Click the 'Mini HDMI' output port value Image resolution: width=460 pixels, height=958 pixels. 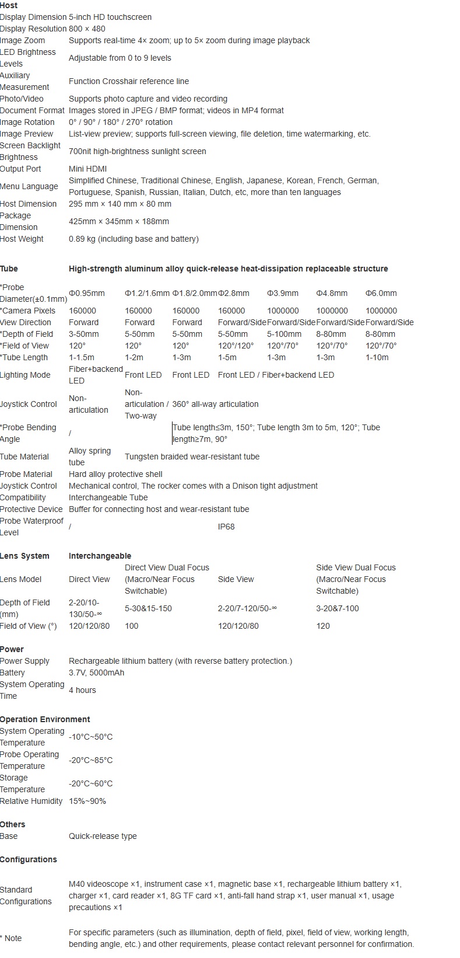pyautogui.click(x=87, y=169)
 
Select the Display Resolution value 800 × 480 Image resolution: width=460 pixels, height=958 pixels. pyautogui.click(x=87, y=29)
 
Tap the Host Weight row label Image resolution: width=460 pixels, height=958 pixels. pyautogui.click(x=22, y=239)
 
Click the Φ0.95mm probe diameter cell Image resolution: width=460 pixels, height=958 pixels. pyautogui.click(x=87, y=293)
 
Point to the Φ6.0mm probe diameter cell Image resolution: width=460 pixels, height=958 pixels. pyautogui.click(x=381, y=293)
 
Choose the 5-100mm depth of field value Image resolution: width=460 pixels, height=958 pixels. pyautogui.click(x=285, y=334)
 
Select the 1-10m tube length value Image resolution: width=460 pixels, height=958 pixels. pyautogui.click(x=377, y=357)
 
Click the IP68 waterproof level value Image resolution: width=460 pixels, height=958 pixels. pyautogui.click(x=226, y=527)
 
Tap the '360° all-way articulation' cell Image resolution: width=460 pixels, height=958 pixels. pyautogui.click(x=215, y=404)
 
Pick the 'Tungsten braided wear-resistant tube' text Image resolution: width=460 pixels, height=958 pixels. pyautogui.click(x=192, y=457)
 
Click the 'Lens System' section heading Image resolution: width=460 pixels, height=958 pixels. pyautogui.click(x=24, y=556)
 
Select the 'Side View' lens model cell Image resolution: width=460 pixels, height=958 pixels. pyautogui.click(x=236, y=579)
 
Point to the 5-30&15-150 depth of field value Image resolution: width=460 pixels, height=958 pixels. pyautogui.click(x=148, y=608)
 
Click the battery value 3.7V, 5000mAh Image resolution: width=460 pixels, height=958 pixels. pyautogui.click(x=96, y=673)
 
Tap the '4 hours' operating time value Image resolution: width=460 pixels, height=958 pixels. pyautogui.click(x=82, y=690)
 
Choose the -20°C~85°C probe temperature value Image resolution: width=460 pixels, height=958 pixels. pyautogui.click(x=90, y=760)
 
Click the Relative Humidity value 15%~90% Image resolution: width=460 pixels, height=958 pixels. pyautogui.click(x=87, y=801)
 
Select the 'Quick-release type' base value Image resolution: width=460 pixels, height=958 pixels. pyautogui.click(x=103, y=836)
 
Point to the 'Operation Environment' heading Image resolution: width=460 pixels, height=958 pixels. pyautogui.click(x=45, y=719)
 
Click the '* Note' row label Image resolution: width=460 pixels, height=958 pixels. pyautogui.click(x=11, y=938)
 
